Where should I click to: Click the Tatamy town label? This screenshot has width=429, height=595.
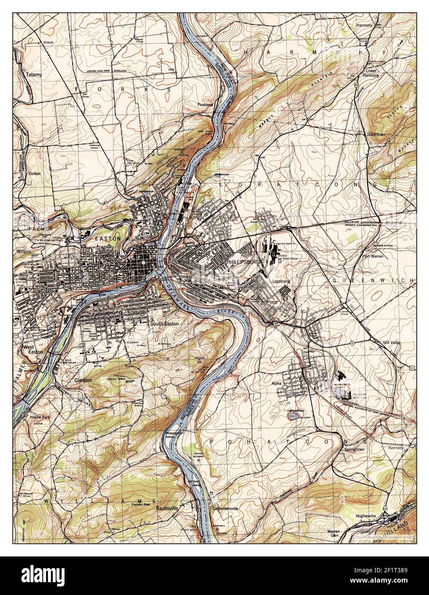(34, 74)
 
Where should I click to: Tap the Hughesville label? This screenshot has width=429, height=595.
(365, 516)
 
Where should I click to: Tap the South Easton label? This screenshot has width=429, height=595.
(164, 324)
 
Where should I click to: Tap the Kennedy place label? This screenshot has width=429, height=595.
(396, 448)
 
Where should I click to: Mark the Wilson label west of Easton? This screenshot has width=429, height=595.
(24, 252)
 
